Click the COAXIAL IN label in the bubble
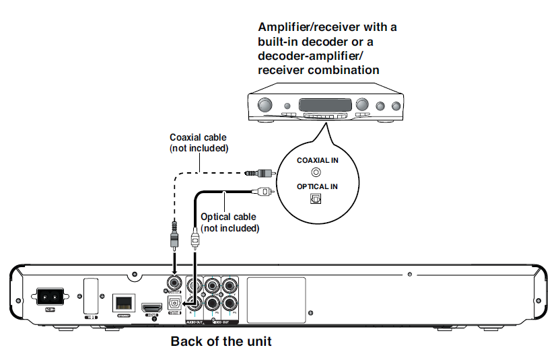[317, 160]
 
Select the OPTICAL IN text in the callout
[317, 186]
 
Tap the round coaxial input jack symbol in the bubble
[316, 172]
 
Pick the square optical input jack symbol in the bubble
[316, 198]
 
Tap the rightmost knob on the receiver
[394, 106]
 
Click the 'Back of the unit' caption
[221, 341]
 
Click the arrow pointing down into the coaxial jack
[174, 259]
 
